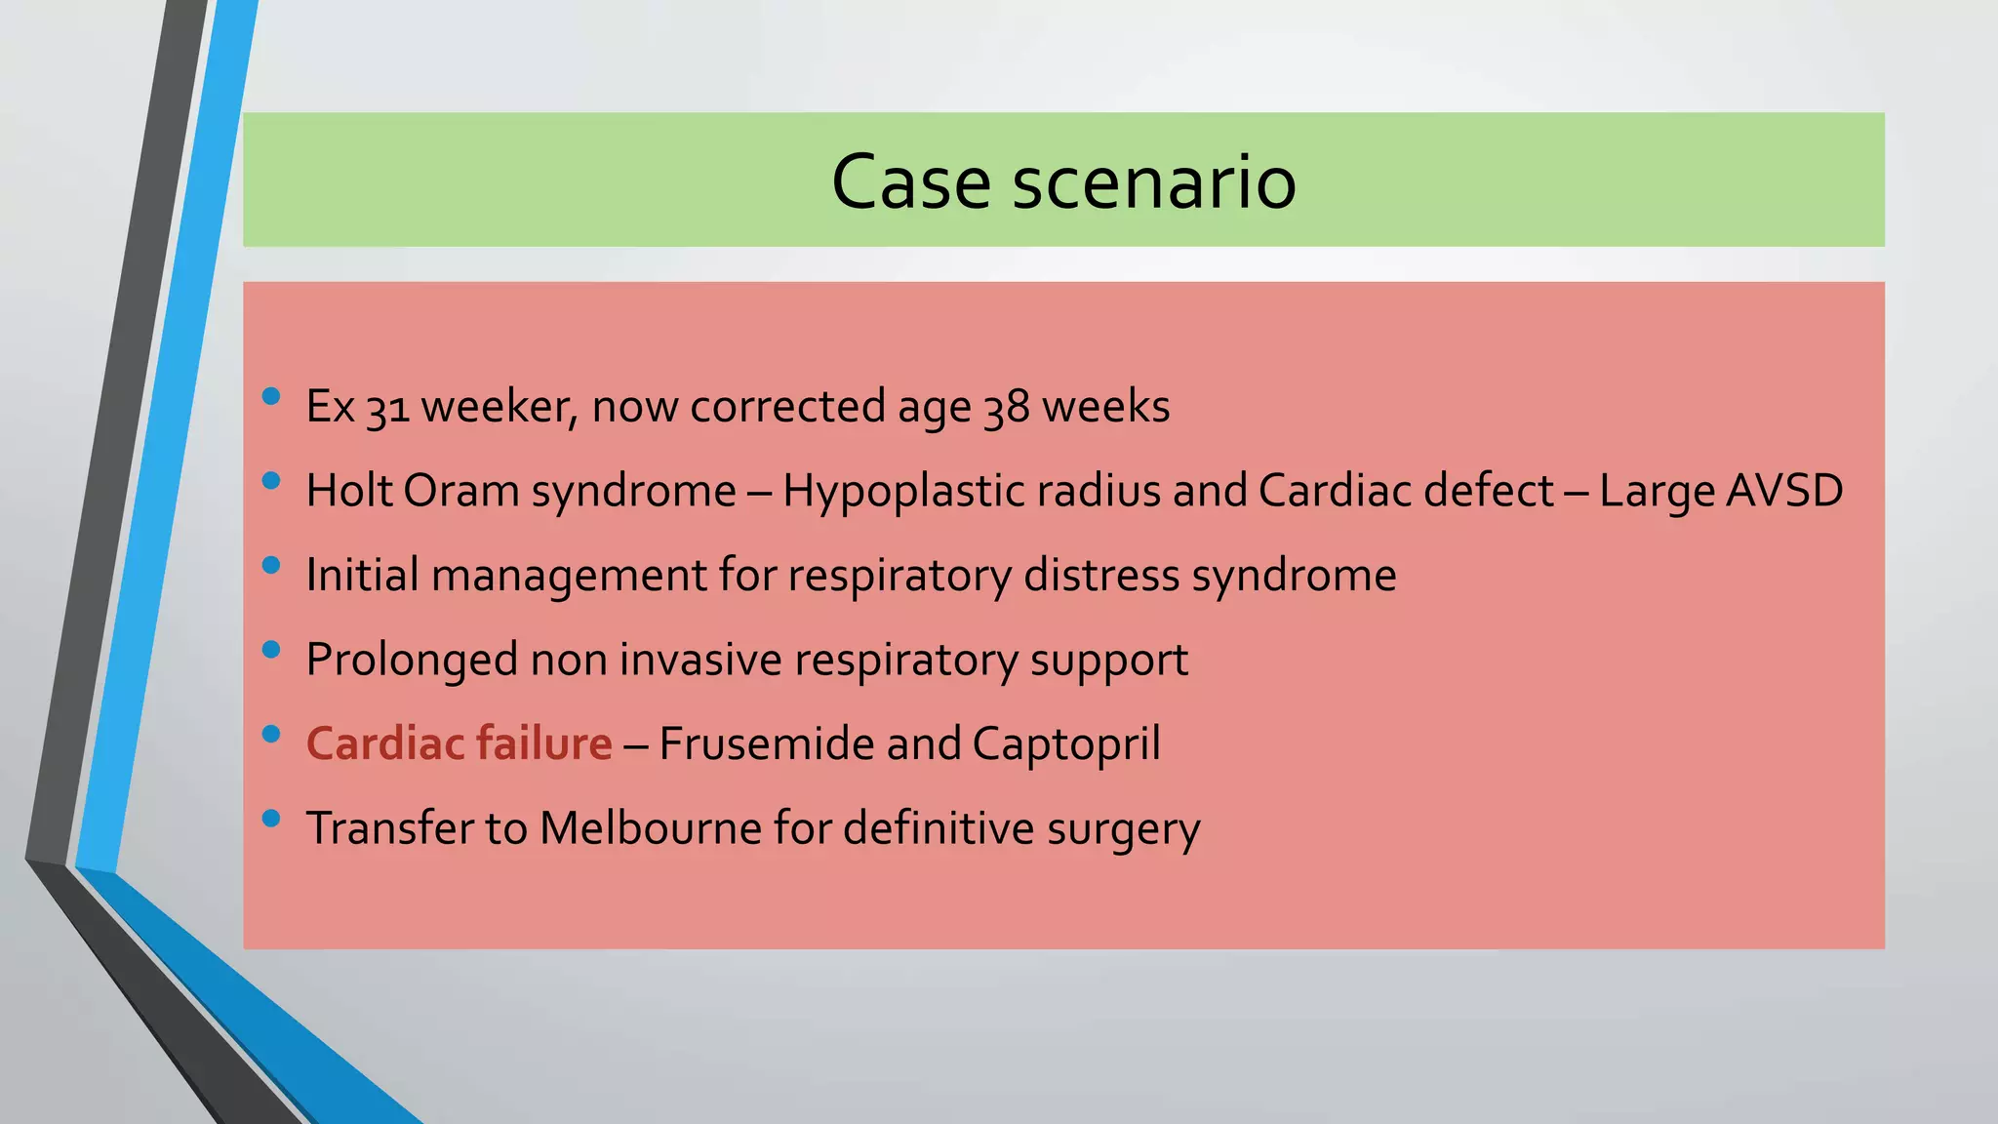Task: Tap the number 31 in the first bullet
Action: [x=387, y=408]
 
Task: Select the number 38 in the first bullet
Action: [x=1006, y=408]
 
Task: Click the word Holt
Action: [x=349, y=491]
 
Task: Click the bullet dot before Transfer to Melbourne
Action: [x=271, y=818]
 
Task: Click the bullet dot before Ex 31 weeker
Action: [x=271, y=396]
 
